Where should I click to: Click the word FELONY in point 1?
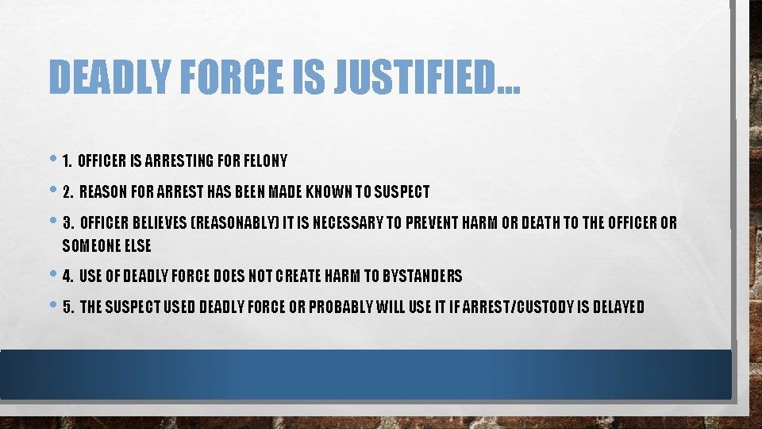(264, 161)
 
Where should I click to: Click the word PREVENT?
(434, 222)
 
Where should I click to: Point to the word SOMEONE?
(91, 245)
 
